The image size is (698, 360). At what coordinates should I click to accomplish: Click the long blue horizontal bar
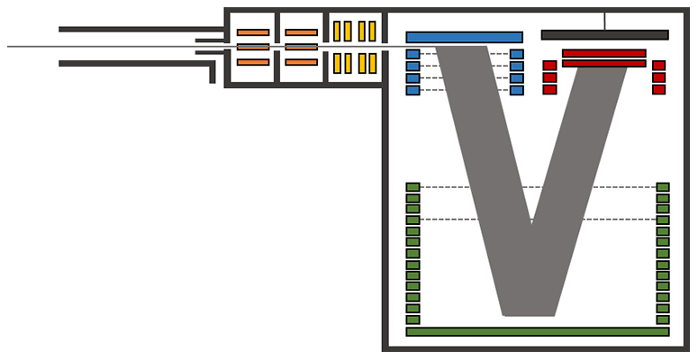click(464, 38)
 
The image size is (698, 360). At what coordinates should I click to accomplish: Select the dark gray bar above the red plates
click(604, 35)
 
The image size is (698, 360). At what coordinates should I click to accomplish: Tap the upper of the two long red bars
click(603, 53)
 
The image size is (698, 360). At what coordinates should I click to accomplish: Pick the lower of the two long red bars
click(603, 63)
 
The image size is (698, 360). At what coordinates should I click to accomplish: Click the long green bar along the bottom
click(538, 331)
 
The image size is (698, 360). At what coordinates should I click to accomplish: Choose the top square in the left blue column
click(412, 54)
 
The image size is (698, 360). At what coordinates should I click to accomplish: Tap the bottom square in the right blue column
click(517, 90)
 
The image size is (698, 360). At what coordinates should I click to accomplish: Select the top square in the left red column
click(549, 66)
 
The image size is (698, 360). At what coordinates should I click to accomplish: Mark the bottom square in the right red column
click(658, 89)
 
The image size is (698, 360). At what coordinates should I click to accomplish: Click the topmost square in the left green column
click(412, 187)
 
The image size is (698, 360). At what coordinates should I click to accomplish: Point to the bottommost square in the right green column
click(663, 319)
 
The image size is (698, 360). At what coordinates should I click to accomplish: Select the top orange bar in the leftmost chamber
click(253, 32)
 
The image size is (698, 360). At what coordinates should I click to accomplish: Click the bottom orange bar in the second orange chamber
click(301, 62)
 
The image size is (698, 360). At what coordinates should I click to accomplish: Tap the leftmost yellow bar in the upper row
click(337, 31)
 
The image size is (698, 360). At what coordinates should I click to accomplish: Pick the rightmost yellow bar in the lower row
click(372, 63)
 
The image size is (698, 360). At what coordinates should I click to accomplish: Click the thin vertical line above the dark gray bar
click(604, 21)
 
